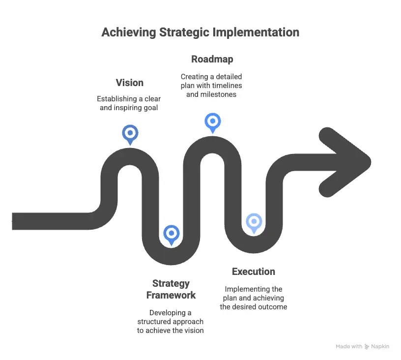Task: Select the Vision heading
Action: coord(130,83)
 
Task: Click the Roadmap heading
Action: coord(212,59)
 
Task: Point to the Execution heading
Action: coord(253,271)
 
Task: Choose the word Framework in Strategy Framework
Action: coord(171,295)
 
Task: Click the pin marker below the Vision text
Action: coord(130,133)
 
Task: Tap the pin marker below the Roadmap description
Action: coord(212,121)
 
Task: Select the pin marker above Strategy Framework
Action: coord(171,234)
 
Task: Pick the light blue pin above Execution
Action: coord(254,222)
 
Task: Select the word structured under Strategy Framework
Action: coord(155,322)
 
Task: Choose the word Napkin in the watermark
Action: coord(380,346)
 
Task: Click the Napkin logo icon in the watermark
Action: coord(367,347)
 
